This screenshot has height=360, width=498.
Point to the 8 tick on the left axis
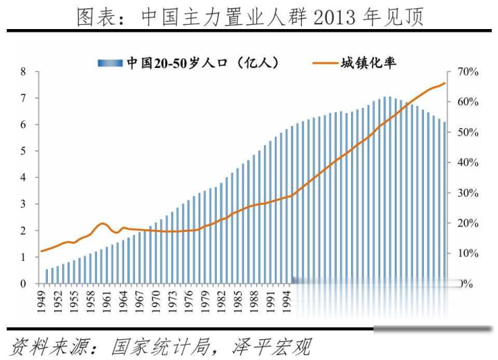[23, 72]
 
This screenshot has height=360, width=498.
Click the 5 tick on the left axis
[23, 151]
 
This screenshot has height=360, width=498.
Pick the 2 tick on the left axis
[23, 231]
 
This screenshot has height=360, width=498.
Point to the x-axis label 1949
[41, 300]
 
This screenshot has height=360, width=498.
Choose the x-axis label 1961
[106, 300]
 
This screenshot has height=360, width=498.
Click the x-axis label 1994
[287, 300]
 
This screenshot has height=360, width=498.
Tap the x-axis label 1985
[238, 300]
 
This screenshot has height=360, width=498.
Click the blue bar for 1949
[46, 276]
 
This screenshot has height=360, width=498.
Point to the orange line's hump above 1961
[103, 224]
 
